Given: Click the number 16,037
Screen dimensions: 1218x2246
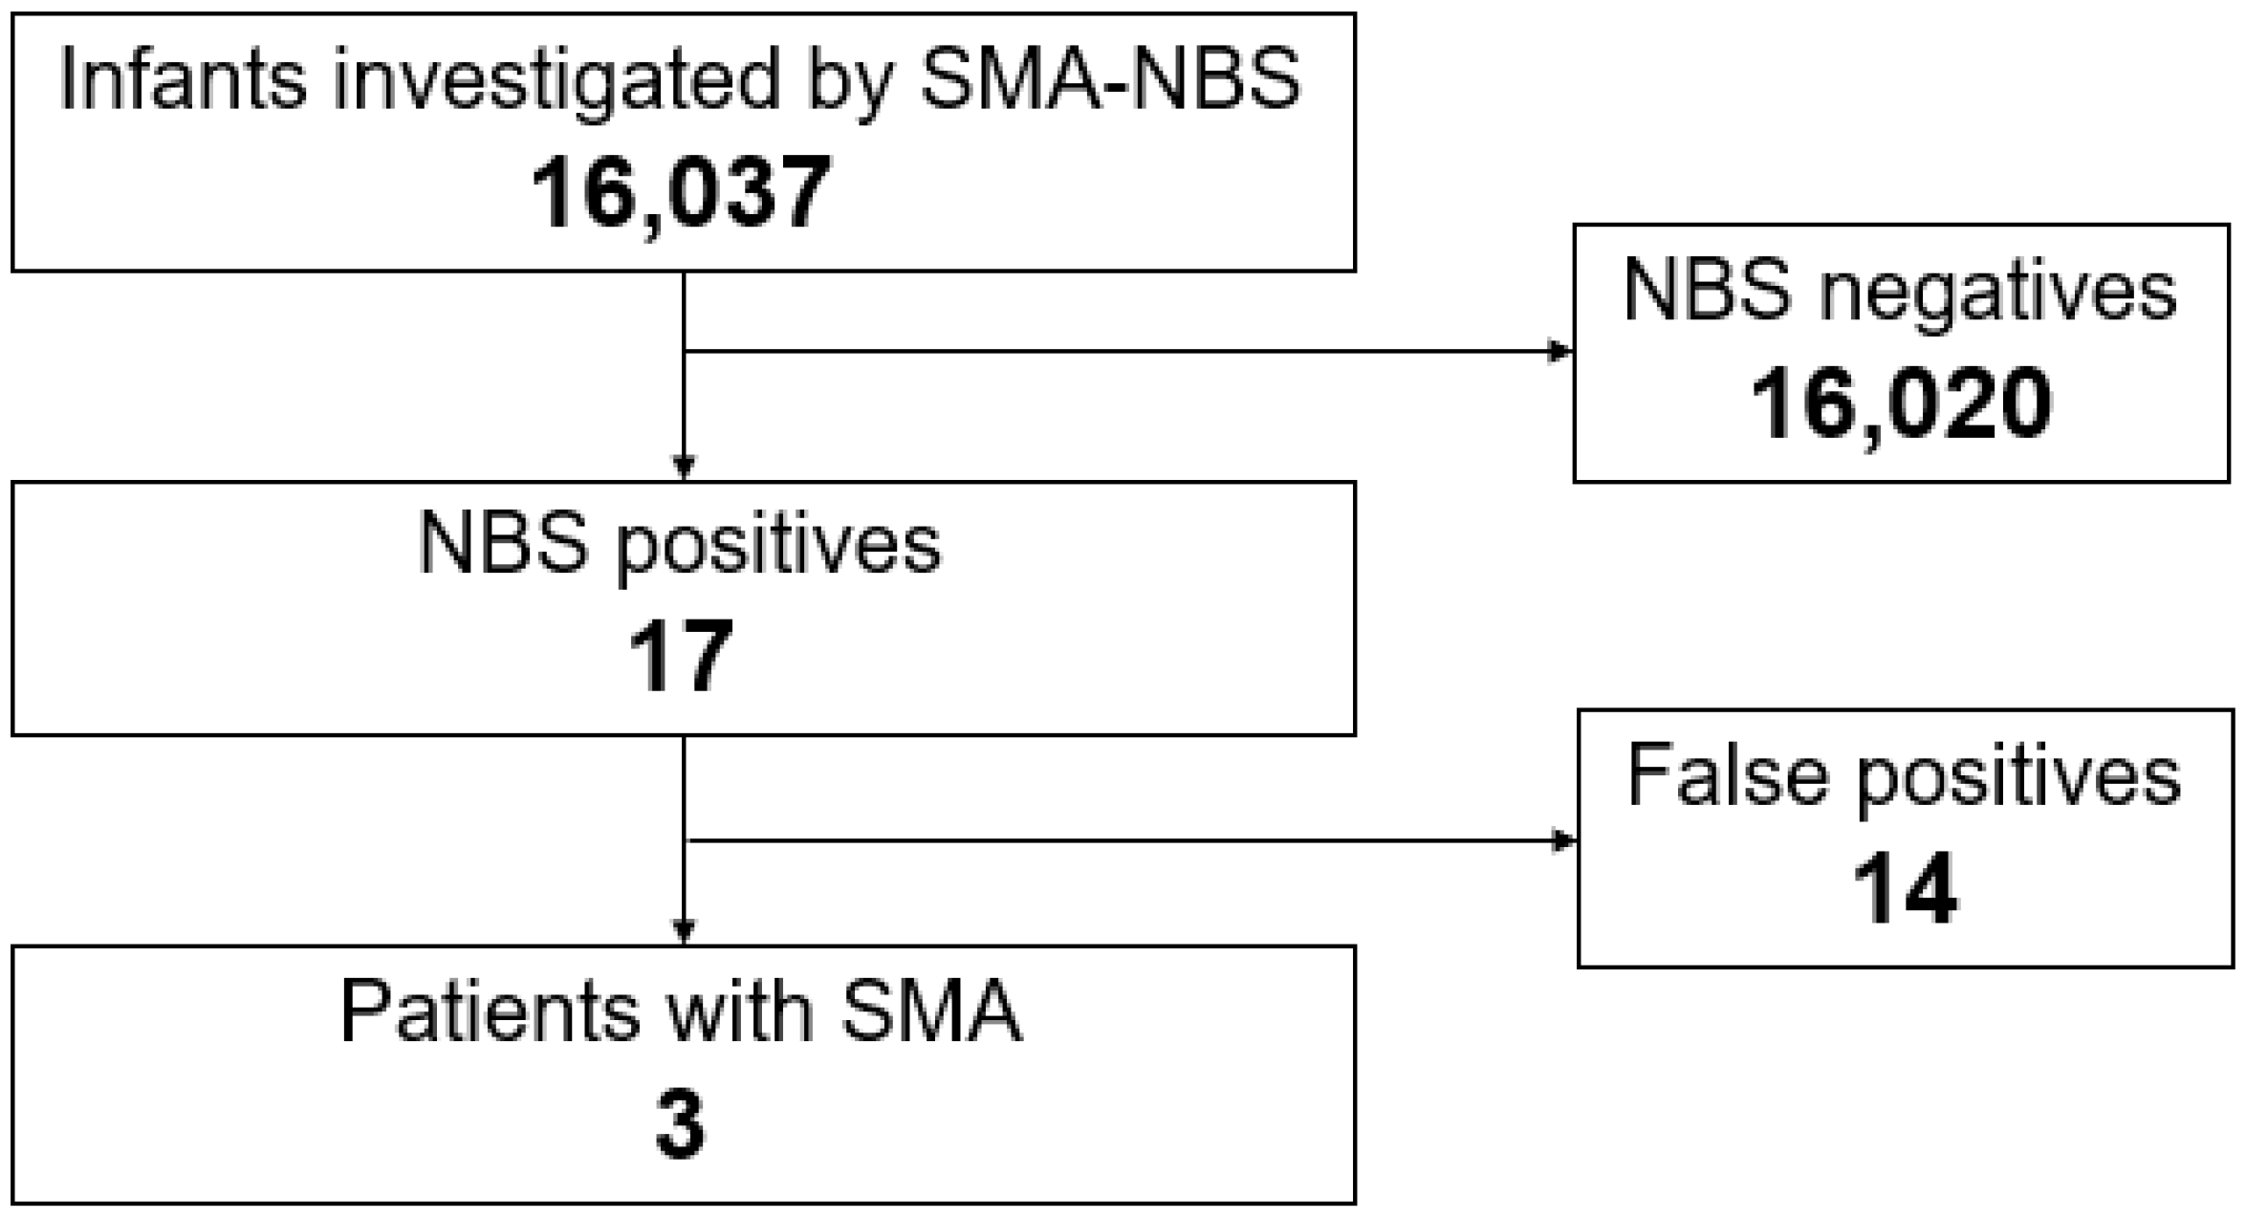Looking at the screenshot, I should point(681,193).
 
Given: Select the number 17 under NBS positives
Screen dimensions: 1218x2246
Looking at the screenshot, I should point(681,657).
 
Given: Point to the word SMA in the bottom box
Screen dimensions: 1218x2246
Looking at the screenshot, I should point(931,1011).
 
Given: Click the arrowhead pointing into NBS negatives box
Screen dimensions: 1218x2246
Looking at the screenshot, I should point(1560,352).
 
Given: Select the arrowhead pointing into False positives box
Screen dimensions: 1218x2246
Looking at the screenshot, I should point(1564,841).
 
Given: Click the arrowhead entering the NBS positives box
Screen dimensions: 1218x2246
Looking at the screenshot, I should point(684,468).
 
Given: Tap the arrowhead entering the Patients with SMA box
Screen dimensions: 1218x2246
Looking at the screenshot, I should point(684,931).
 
